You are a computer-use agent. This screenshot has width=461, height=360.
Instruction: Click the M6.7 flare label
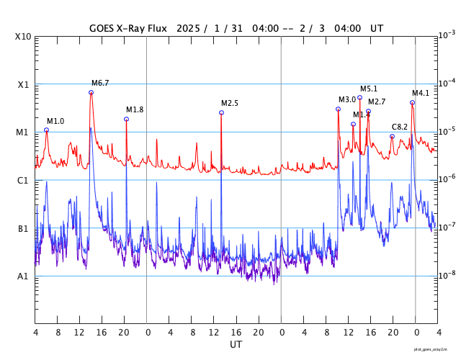[100, 84]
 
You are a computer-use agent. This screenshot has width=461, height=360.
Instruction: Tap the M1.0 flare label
[55, 121]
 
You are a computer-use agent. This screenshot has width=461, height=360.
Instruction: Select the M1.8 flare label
[135, 109]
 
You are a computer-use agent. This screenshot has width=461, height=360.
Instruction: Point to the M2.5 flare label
[230, 104]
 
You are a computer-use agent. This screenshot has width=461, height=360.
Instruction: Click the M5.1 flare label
[369, 89]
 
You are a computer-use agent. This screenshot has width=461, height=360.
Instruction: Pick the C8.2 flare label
[400, 127]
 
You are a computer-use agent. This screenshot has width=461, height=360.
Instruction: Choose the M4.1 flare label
[421, 93]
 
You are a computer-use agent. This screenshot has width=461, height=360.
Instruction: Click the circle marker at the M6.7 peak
[91, 92]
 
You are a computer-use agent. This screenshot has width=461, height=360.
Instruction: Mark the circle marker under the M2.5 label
[221, 112]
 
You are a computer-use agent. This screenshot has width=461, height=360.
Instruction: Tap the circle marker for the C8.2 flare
[392, 136]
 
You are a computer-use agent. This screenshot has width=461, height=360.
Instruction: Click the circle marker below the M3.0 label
[338, 109]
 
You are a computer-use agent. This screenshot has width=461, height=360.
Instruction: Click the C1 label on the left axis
[23, 180]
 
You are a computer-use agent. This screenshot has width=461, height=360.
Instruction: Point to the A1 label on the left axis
[23, 276]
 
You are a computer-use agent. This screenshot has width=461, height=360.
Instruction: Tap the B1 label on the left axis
[23, 229]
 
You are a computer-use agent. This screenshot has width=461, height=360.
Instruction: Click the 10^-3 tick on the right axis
[447, 35]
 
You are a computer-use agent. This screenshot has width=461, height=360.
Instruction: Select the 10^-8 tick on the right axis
[447, 275]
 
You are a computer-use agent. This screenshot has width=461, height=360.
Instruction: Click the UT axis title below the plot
[236, 345]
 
